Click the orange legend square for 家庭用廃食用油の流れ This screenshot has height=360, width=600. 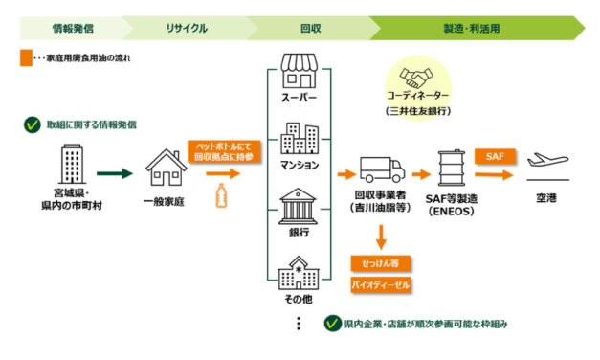coord(26,57)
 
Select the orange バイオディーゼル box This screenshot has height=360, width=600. coord(378,286)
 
